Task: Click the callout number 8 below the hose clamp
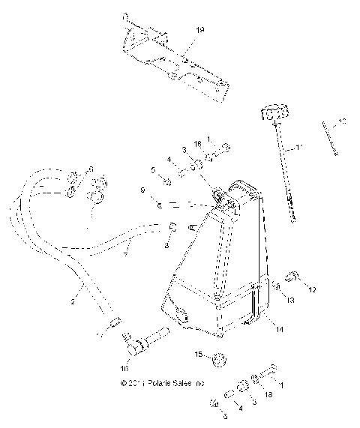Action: [x=166, y=245]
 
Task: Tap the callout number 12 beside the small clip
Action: [x=313, y=289]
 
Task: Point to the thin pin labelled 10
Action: [x=330, y=138]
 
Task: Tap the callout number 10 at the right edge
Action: [x=342, y=121]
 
